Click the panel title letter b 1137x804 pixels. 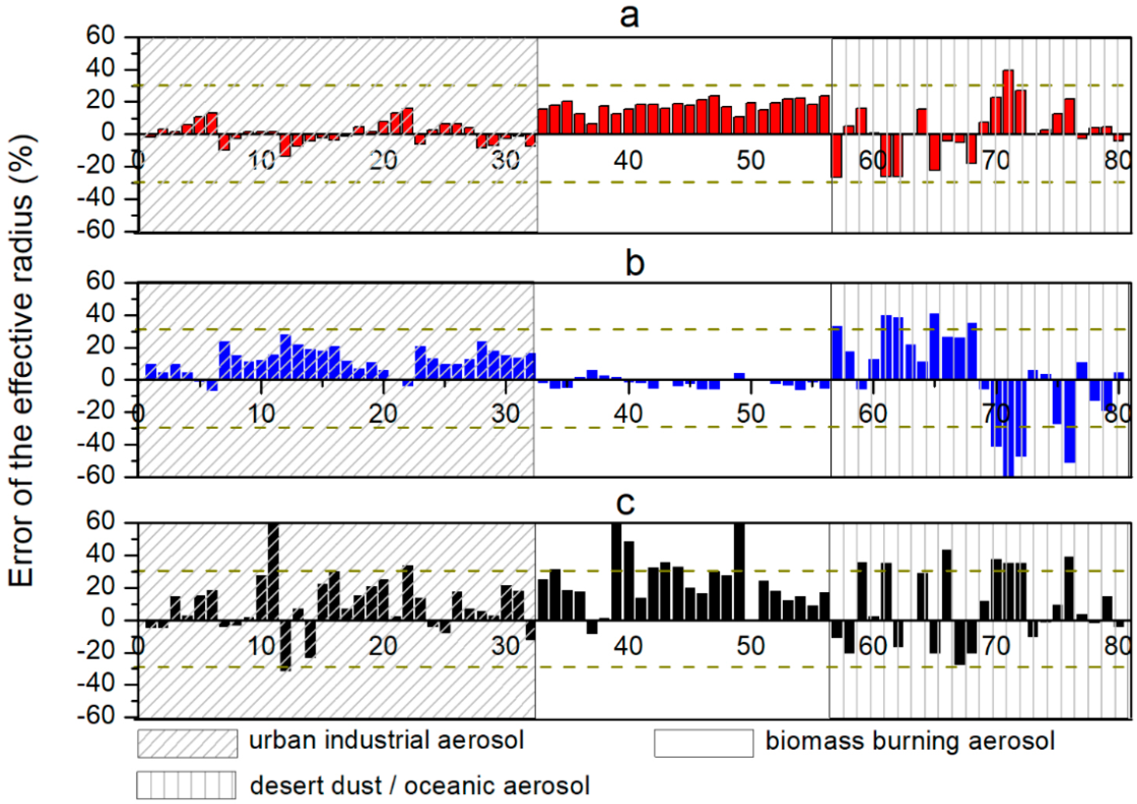click(x=635, y=264)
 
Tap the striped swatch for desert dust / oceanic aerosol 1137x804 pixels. click(x=186, y=785)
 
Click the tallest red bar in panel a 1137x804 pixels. click(x=1008, y=102)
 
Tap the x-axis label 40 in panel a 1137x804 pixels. click(x=629, y=160)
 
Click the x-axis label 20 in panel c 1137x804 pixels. click(x=383, y=646)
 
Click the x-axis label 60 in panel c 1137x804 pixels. click(x=872, y=646)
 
